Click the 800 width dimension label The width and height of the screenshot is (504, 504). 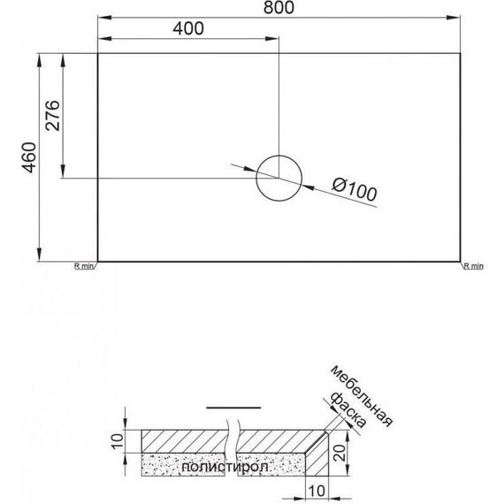tap(279, 8)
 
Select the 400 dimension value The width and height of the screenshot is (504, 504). tap(187, 28)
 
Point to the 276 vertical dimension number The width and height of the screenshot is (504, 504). tap(53, 116)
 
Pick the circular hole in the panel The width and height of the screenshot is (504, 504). tap(277, 177)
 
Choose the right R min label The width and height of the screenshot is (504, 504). tap(472, 265)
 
